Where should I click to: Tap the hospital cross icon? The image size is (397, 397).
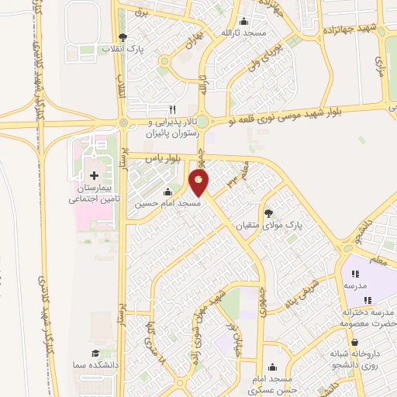point(95,176)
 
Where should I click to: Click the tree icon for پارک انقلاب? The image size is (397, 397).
point(123,37)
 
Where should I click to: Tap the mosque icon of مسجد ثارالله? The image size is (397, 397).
point(245,22)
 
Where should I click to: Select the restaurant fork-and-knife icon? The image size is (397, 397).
point(173,109)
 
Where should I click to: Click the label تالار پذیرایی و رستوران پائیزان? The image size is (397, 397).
point(174,128)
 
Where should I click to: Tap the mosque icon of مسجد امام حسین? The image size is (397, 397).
point(168,192)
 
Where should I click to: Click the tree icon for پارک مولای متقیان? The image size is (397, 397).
point(268,212)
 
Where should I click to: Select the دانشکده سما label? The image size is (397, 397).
point(93,365)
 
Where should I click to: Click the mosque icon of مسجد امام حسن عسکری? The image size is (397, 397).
point(272,368)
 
